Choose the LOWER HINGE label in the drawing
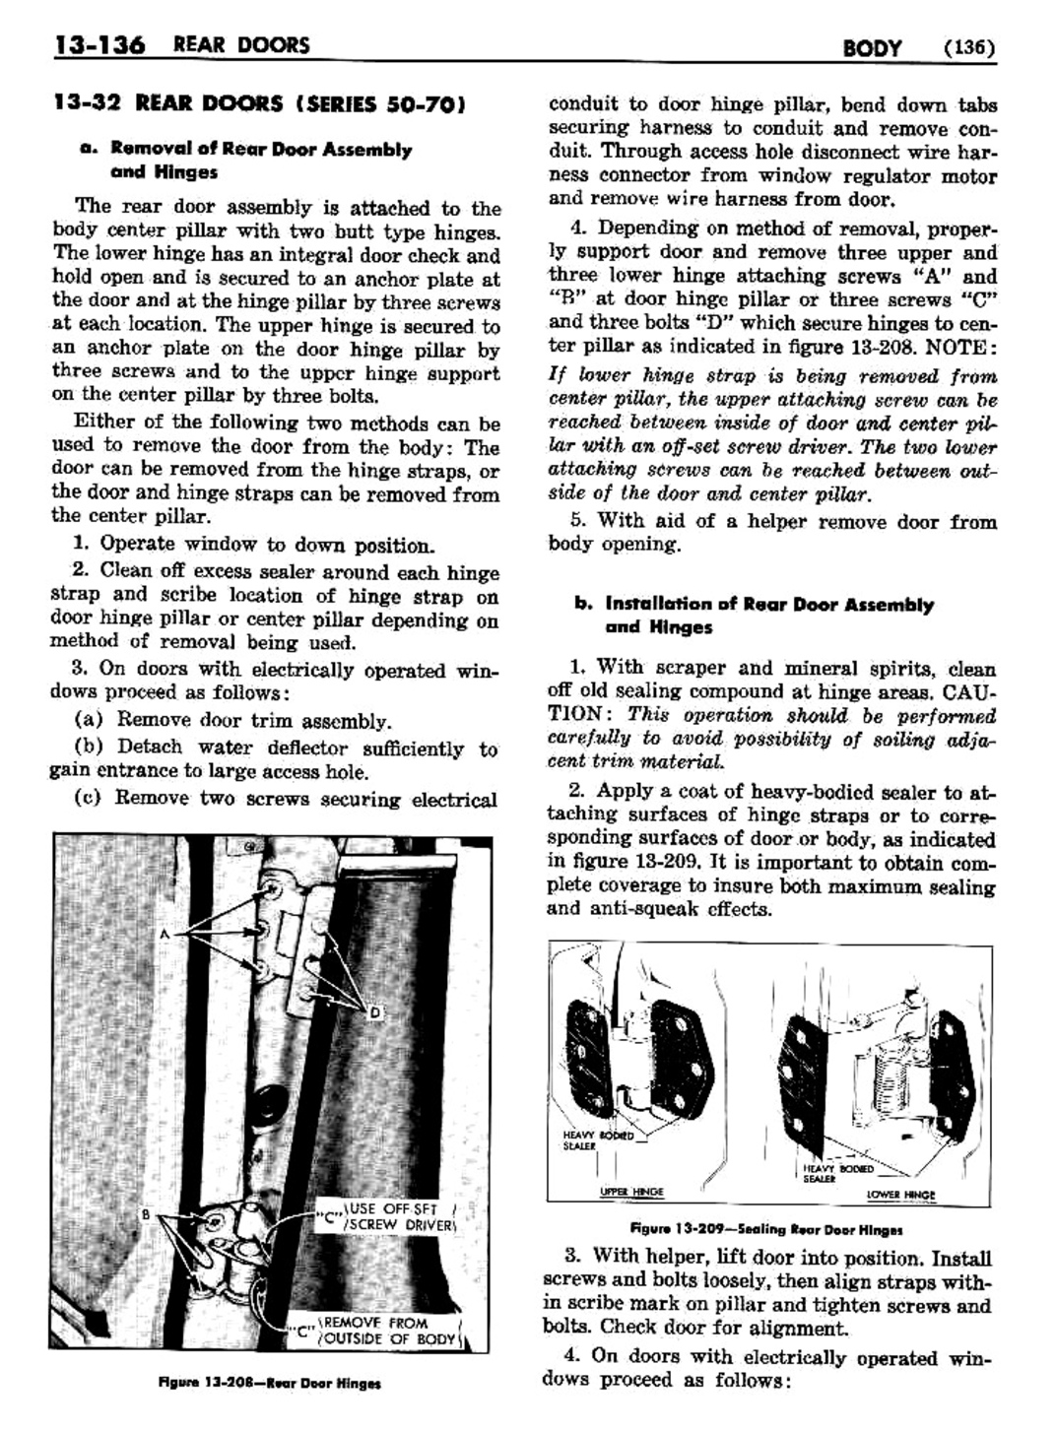tap(900, 1195)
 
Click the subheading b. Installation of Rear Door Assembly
tap(755, 605)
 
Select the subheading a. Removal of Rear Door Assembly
tap(246, 150)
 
